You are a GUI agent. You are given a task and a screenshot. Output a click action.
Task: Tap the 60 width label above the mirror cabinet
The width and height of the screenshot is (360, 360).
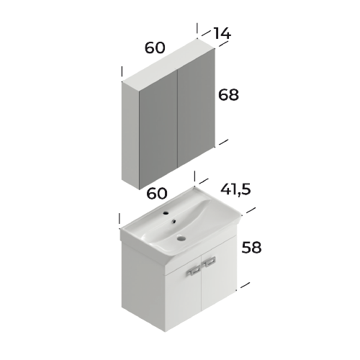point(155,48)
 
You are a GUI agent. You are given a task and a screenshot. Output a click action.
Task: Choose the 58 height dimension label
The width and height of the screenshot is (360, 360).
point(251,247)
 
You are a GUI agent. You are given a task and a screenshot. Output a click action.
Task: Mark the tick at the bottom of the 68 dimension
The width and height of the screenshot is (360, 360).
point(222,143)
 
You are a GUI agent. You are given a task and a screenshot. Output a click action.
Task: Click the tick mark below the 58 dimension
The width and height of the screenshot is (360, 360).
point(246,284)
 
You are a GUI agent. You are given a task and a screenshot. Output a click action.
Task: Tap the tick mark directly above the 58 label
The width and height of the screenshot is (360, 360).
point(250,213)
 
